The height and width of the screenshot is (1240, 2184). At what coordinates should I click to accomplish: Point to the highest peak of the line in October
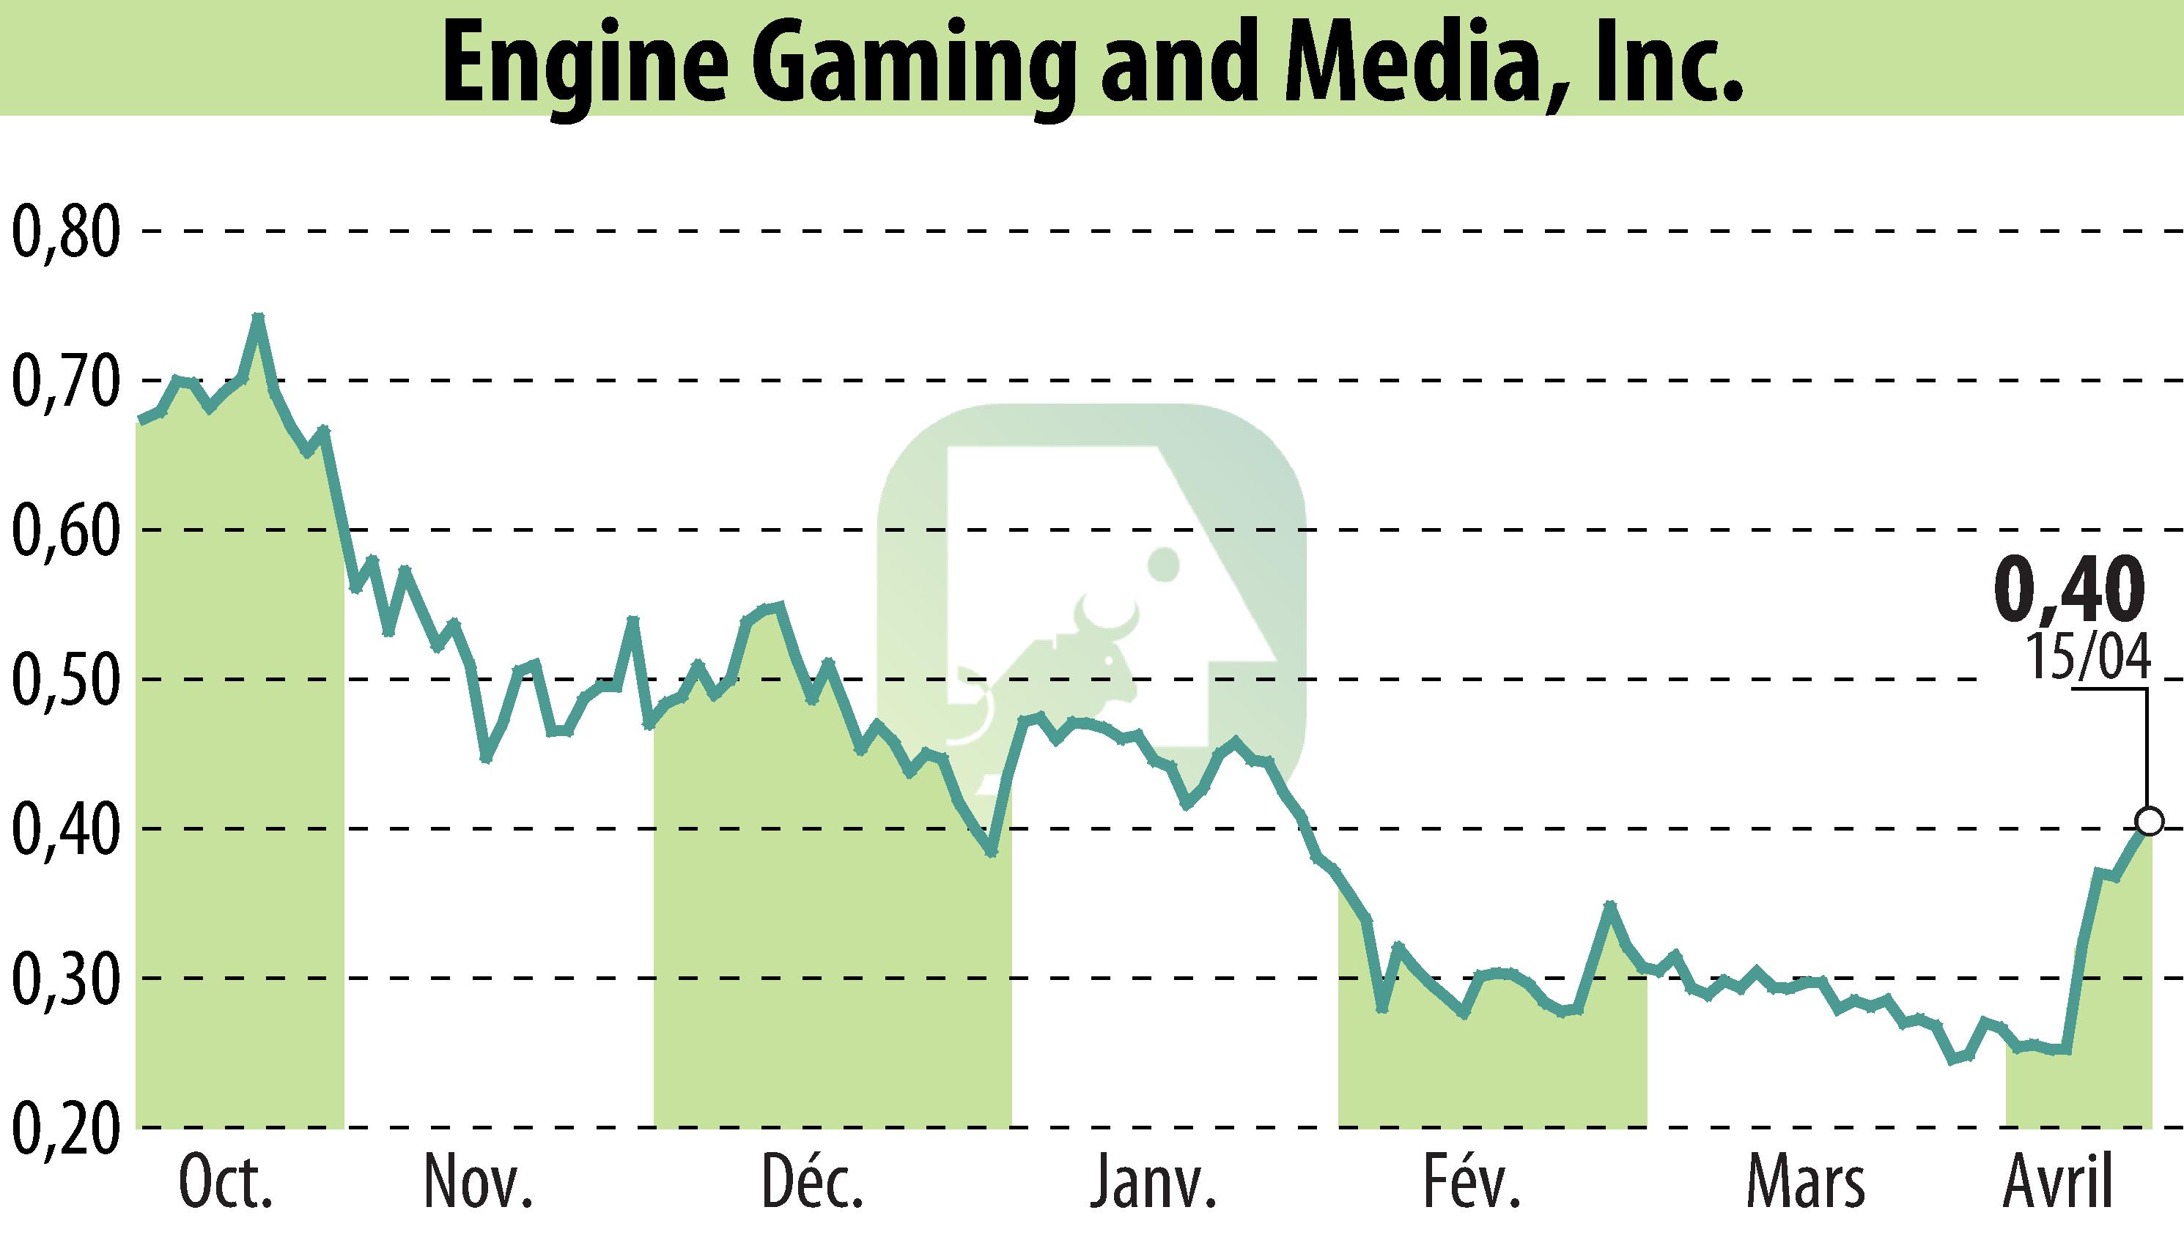(258, 318)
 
